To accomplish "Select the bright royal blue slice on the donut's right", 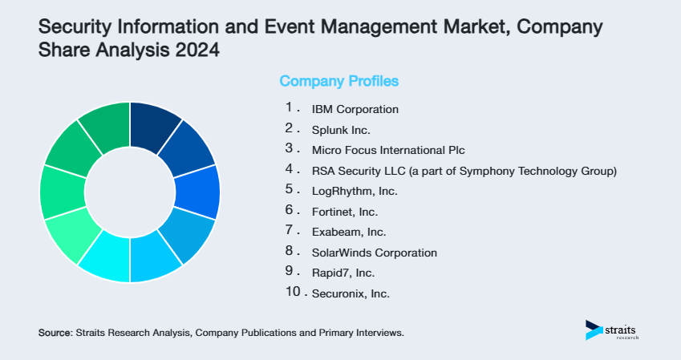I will tap(197, 192).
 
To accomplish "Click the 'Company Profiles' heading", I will tap(338, 81).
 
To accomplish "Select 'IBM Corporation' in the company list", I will tap(355, 108).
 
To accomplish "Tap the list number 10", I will tap(294, 292).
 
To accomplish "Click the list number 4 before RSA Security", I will tap(290, 168).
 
